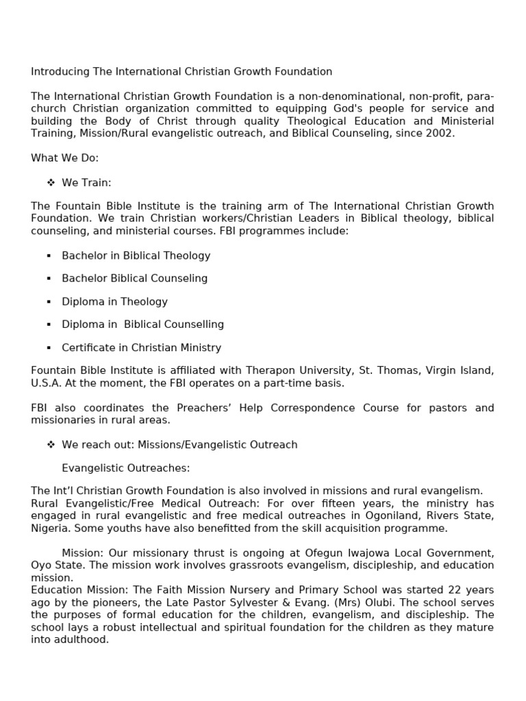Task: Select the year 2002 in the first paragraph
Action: (438, 133)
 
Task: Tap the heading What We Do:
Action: (65, 158)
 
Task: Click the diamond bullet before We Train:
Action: (51, 183)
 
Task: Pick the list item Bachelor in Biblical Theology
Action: (136, 255)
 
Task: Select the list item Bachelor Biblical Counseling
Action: (134, 278)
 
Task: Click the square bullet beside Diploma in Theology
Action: (49, 301)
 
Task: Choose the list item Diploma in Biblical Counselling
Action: (142, 324)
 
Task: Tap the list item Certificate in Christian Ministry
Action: (141, 347)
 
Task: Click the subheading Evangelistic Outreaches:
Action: (125, 468)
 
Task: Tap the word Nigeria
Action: (49, 528)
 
